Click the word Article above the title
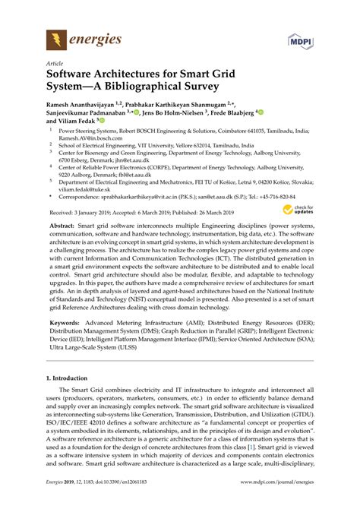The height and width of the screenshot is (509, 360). [55, 65]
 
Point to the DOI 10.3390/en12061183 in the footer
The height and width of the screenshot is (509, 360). [118, 501]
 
